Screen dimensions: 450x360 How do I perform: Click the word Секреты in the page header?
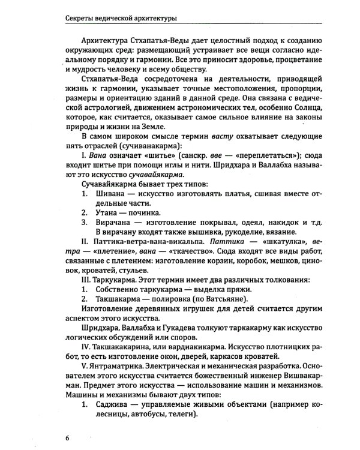(82, 17)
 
